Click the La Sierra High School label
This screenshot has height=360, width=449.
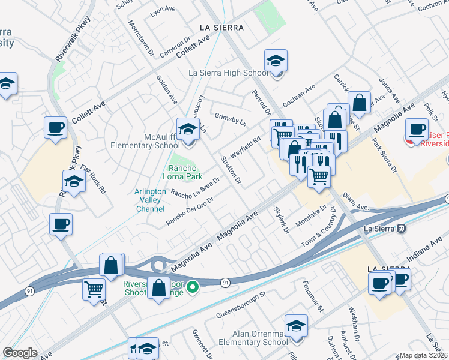pyautogui.click(x=228, y=73)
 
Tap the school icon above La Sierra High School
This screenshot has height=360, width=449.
pyautogui.click(x=276, y=61)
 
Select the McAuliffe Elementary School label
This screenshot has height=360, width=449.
pyautogui.click(x=145, y=141)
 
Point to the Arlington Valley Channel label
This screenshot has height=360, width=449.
pyautogui.click(x=149, y=200)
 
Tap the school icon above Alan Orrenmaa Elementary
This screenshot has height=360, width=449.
pyautogui.click(x=296, y=326)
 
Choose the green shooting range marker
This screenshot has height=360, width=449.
pyautogui.click(x=192, y=287)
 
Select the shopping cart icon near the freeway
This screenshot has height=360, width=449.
pyautogui.click(x=94, y=290)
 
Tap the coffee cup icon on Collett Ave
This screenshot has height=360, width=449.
pyautogui.click(x=56, y=128)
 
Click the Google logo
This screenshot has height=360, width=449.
pyautogui.click(x=20, y=353)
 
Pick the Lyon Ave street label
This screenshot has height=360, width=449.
pyautogui.click(x=165, y=11)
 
